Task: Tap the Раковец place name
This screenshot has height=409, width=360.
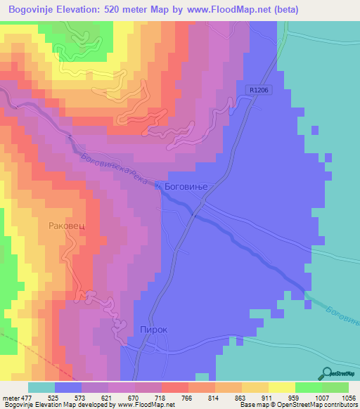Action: click(67, 226)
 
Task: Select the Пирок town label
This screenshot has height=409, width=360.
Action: click(154, 329)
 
